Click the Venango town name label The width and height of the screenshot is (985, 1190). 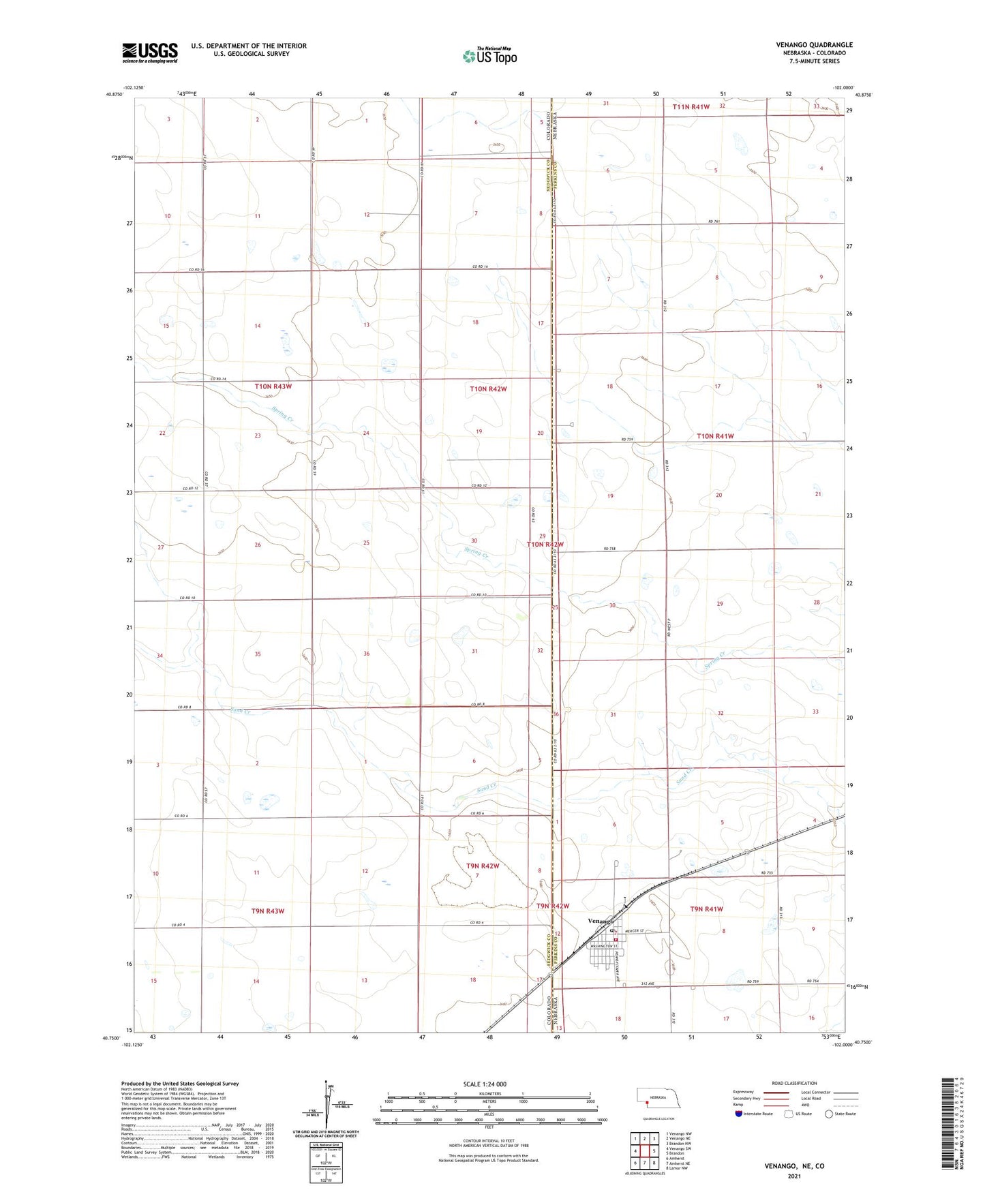coord(602,920)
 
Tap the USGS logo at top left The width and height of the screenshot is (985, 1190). coord(150,52)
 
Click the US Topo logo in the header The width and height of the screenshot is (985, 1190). coord(489,56)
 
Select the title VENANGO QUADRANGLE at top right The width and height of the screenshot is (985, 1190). coord(814,45)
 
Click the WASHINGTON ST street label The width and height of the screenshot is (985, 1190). coord(603,946)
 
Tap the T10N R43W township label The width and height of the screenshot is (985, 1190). coord(273,386)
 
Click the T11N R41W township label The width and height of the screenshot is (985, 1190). coord(691,107)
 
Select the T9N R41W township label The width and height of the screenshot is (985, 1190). coord(706,909)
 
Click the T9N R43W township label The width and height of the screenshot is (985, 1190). coord(268,911)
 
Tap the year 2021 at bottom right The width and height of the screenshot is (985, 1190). coord(793,1176)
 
